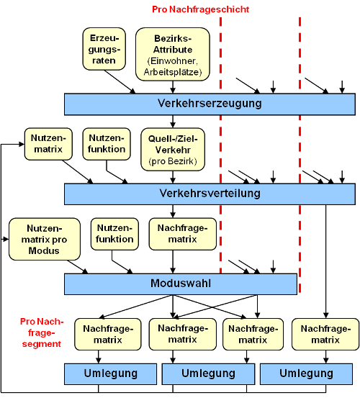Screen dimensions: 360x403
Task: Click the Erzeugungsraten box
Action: pyautogui.click(x=104, y=49)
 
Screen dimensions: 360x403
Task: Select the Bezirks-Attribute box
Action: pyautogui.click(x=173, y=54)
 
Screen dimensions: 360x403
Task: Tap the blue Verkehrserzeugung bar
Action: pyautogui.click(x=210, y=104)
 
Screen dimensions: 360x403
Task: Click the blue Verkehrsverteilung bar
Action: pyautogui.click(x=210, y=194)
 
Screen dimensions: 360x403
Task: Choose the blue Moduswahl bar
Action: pyautogui.click(x=181, y=284)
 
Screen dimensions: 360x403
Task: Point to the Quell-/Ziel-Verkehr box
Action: pyautogui.click(x=173, y=150)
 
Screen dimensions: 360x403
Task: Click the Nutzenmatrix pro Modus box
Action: pyautogui.click(x=45, y=239)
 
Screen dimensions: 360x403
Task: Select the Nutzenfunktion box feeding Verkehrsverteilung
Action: pyautogui.click(x=107, y=144)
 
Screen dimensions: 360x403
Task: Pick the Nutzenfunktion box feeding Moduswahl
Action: pyautogui.click(x=114, y=234)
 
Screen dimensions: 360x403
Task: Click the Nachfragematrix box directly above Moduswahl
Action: pyautogui.click(x=183, y=234)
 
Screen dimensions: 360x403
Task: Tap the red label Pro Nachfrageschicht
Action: pyautogui.click(x=201, y=9)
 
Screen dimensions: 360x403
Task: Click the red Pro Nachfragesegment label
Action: pyautogui.click(x=42, y=332)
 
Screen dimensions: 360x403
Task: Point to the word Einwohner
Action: pyautogui.click(x=174, y=61)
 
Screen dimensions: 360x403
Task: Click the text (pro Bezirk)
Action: pyautogui.click(x=173, y=161)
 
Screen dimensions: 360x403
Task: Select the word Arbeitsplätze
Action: pyautogui.click(x=172, y=72)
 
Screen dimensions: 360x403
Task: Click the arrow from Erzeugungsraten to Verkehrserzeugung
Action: pyautogui.click(x=120, y=82)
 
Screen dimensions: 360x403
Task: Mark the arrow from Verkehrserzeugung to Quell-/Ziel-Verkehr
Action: pyautogui.click(x=173, y=122)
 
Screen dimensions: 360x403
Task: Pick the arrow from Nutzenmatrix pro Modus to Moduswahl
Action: pyautogui.click(x=78, y=267)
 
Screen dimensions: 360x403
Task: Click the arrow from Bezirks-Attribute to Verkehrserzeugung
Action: pyautogui.click(x=173, y=87)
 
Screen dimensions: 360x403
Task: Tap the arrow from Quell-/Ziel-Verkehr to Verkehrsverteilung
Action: pyautogui.click(x=173, y=177)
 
